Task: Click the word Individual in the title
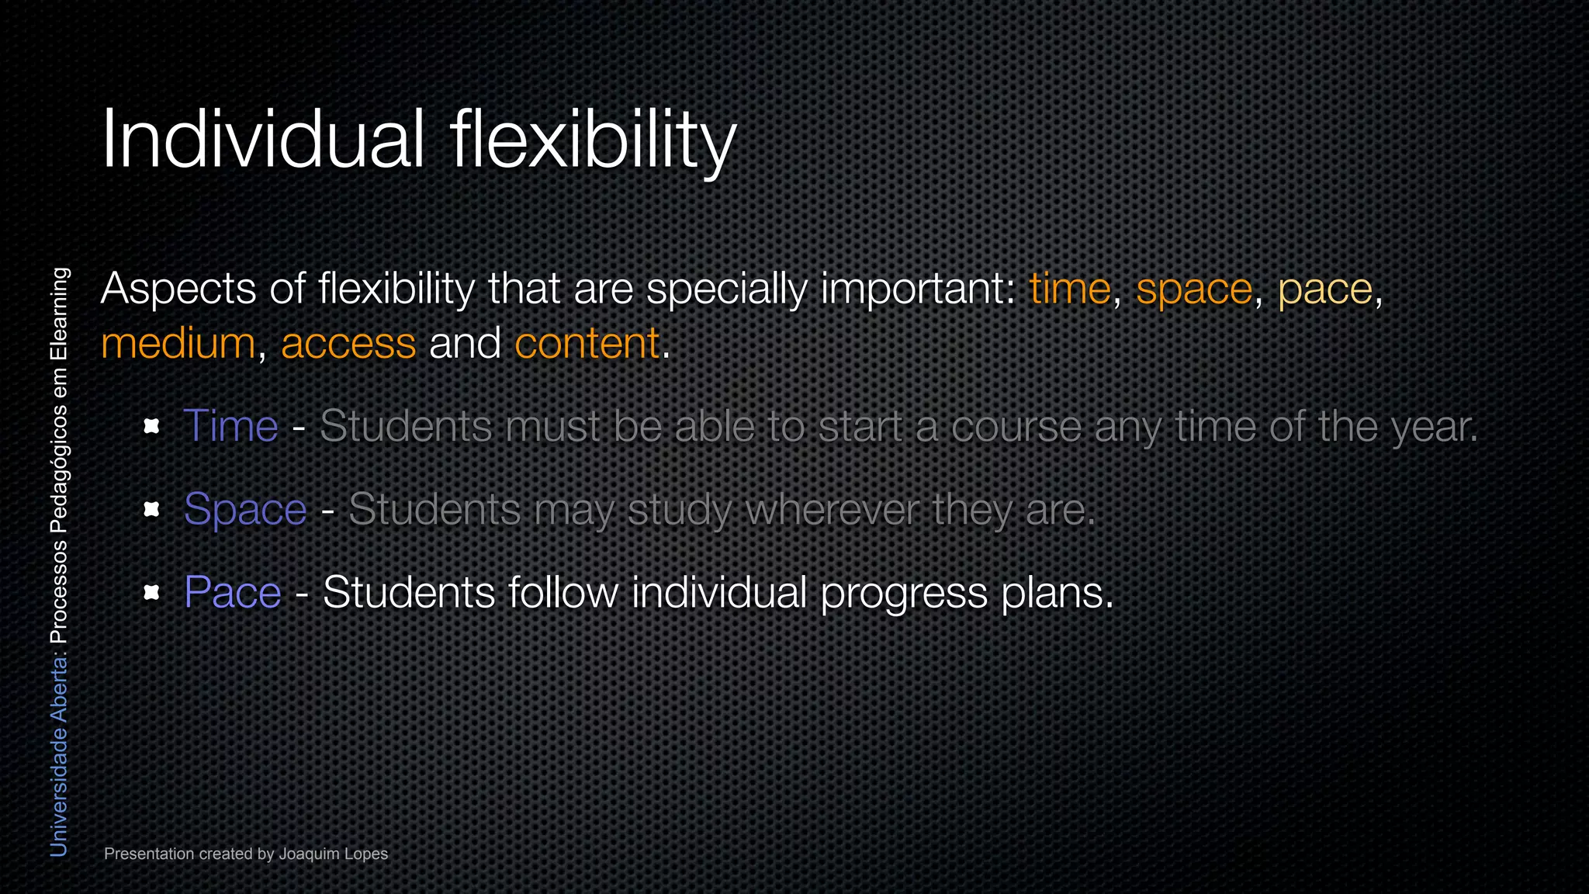click(262, 140)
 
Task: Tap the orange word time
click(1070, 289)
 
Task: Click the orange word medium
click(178, 344)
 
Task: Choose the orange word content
click(587, 344)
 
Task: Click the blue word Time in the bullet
click(230, 426)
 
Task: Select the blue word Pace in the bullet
click(232, 593)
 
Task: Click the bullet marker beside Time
click(152, 426)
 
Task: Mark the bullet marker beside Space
click(152, 509)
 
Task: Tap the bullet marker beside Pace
click(152, 593)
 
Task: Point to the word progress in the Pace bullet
click(904, 594)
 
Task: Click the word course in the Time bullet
click(1016, 427)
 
